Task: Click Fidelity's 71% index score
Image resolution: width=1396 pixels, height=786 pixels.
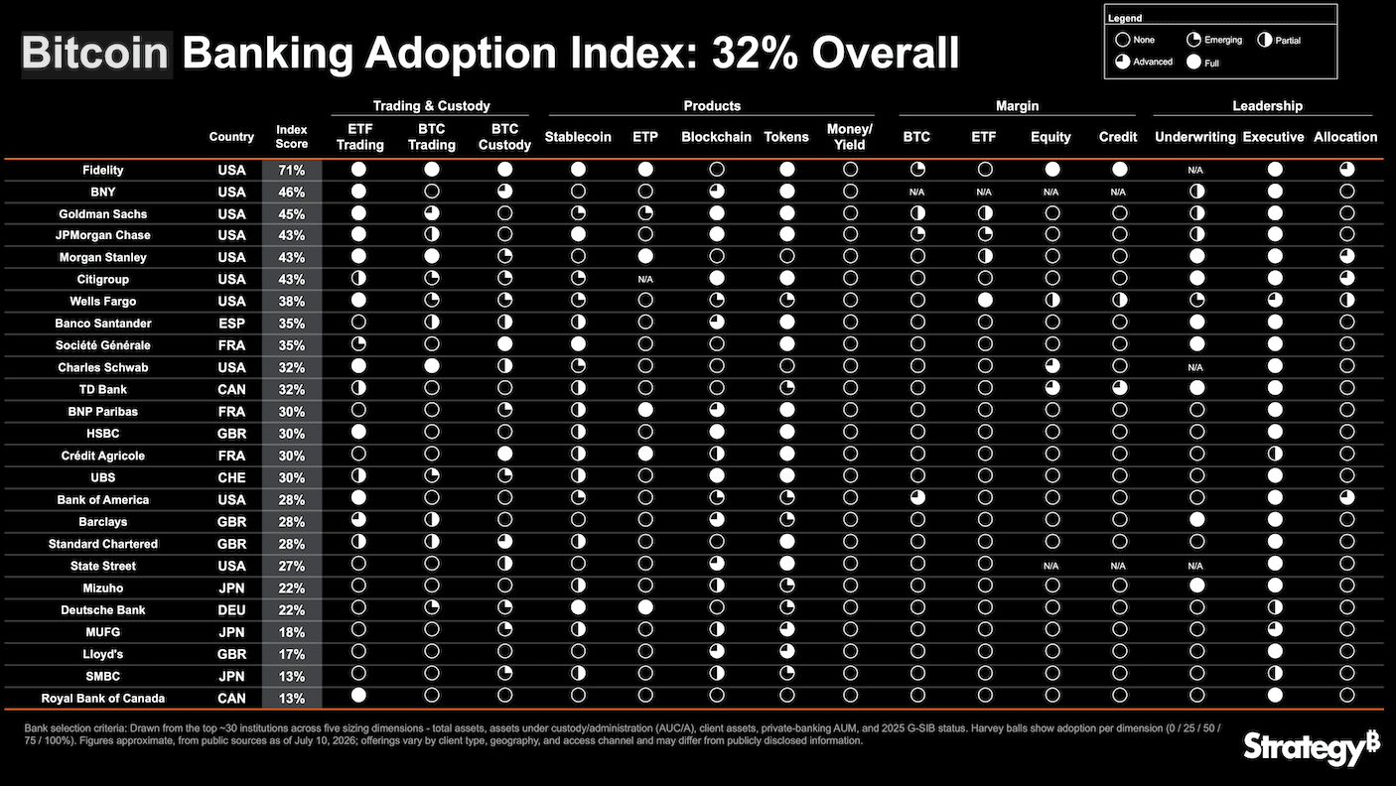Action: (292, 170)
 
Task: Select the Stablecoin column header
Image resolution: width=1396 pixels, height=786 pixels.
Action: (578, 137)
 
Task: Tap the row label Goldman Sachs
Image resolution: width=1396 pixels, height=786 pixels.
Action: (103, 214)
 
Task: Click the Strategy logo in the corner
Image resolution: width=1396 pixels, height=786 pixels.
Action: (1312, 748)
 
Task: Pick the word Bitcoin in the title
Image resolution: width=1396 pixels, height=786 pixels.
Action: (95, 53)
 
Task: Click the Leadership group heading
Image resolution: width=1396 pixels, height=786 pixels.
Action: (1268, 106)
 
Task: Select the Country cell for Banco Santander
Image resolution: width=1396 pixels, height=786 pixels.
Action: (231, 324)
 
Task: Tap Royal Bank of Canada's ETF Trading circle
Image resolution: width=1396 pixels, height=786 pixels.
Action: (358, 695)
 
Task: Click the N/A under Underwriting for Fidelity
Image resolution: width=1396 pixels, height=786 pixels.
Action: (1195, 170)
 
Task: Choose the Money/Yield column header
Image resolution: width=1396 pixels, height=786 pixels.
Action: (850, 137)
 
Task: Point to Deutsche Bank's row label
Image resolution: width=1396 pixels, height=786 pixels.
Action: (103, 610)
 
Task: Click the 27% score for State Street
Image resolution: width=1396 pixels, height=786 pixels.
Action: (292, 566)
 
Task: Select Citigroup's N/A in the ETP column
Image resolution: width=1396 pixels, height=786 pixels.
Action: (645, 280)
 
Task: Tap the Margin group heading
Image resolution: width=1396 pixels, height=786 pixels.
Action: (1017, 106)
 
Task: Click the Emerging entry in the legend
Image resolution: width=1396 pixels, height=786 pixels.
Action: (1214, 40)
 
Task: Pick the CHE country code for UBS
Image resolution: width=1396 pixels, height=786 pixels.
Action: (231, 477)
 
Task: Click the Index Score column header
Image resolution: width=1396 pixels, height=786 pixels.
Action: (292, 137)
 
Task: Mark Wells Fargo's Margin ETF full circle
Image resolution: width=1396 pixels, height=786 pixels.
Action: (985, 300)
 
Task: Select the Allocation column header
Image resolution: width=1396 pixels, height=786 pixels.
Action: (1345, 137)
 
